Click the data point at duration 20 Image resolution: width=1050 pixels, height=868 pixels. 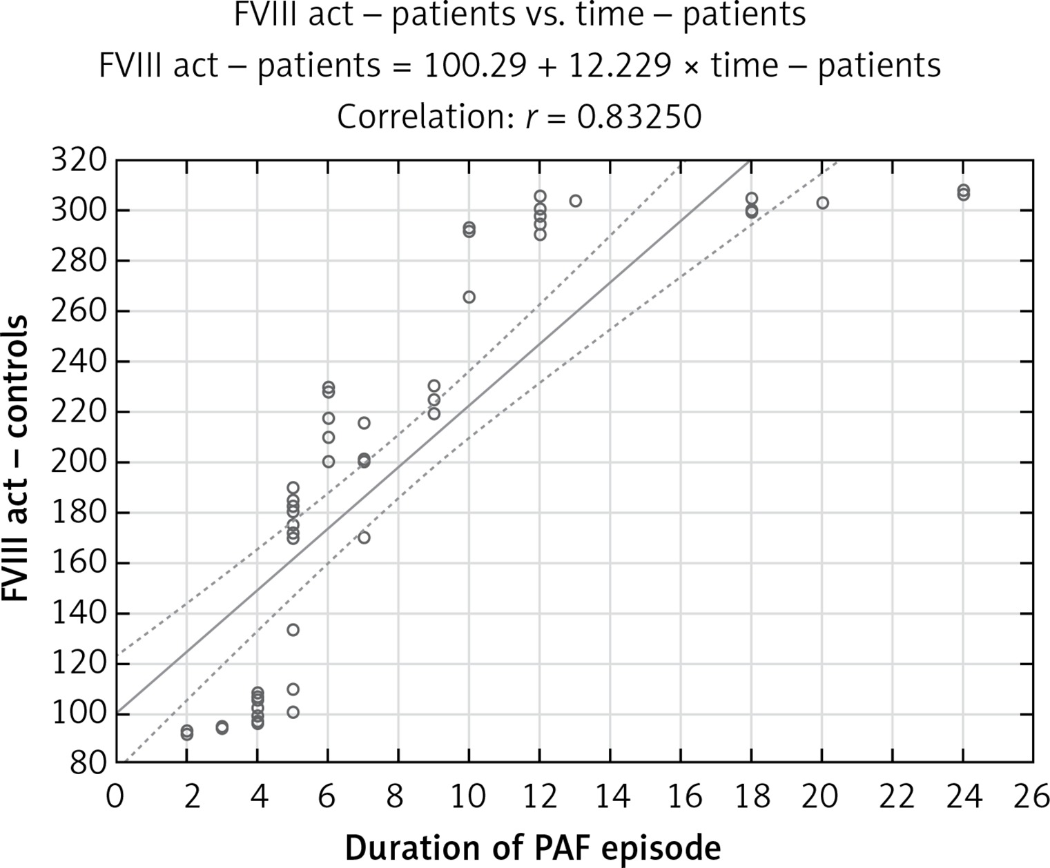(822, 203)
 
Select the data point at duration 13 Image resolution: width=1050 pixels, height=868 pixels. (575, 201)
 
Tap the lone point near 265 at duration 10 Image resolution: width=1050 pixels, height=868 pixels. (469, 297)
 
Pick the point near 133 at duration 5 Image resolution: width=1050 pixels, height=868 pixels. (293, 630)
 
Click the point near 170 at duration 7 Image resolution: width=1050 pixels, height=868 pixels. (364, 537)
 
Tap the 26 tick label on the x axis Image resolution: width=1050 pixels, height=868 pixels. (1033, 797)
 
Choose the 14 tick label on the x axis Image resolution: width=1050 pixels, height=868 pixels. (610, 797)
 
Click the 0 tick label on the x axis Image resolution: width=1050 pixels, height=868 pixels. (115, 797)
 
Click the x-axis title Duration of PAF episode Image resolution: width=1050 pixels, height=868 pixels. (532, 847)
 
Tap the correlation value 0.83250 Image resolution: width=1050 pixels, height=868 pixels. (639, 117)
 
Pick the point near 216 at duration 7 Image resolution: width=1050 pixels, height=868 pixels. (364, 423)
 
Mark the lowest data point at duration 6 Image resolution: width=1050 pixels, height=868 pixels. (329, 462)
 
